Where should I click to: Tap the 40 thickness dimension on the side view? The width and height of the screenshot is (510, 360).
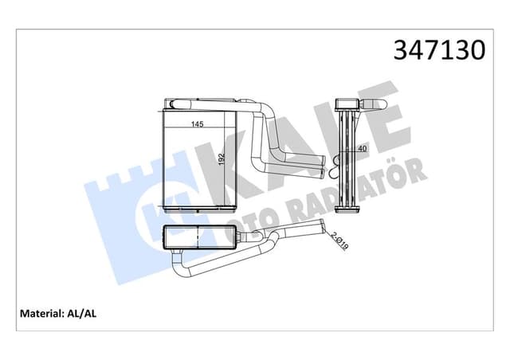point(364,148)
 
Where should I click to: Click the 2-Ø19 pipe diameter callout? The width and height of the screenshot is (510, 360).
point(339,241)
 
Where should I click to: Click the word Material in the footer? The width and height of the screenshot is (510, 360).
point(37,314)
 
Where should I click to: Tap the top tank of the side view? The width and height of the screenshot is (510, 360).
point(349,105)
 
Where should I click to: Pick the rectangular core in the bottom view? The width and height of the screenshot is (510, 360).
point(198,237)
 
